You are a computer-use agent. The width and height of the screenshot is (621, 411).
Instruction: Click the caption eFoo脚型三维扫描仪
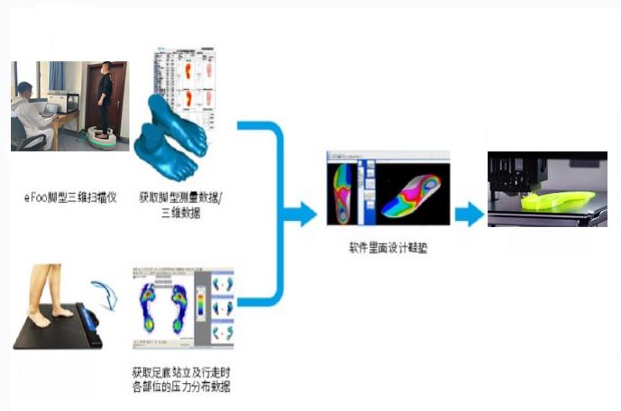pos(64,195)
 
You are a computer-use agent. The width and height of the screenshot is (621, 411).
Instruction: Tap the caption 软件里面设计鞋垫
pos(388,246)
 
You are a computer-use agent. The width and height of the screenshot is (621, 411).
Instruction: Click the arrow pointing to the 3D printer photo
pos(469,215)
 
